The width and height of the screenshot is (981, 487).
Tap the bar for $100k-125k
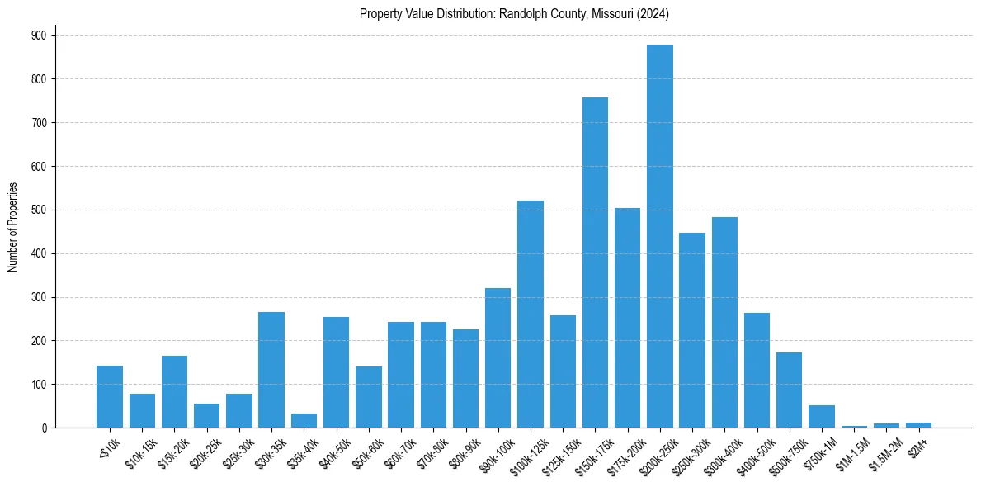point(531,314)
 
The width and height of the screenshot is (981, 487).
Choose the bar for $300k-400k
point(724,322)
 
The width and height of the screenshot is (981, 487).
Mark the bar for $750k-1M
point(822,417)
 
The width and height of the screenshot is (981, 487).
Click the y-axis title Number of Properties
point(12,227)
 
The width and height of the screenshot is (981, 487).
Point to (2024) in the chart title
point(653,13)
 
